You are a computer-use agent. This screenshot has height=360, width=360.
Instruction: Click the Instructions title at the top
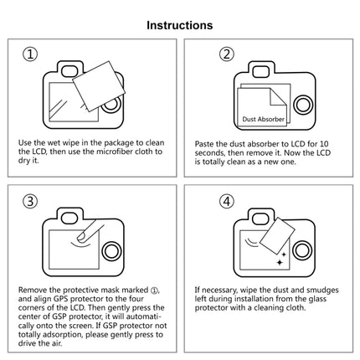179,25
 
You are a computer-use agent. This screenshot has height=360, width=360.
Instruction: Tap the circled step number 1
31,55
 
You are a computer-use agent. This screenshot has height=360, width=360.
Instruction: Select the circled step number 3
31,201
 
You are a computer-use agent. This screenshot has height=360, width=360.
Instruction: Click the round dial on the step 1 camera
111,106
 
